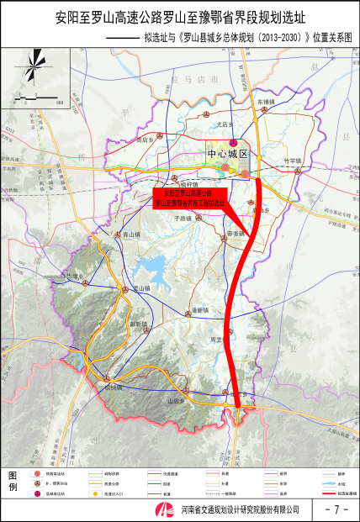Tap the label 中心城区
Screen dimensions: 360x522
click(228, 155)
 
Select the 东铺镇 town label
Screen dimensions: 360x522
click(266, 101)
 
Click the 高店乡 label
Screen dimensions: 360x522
click(148, 138)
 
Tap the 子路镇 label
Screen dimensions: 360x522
click(183, 216)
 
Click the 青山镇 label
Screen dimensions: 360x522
click(131, 235)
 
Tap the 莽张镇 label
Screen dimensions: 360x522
click(235, 233)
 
